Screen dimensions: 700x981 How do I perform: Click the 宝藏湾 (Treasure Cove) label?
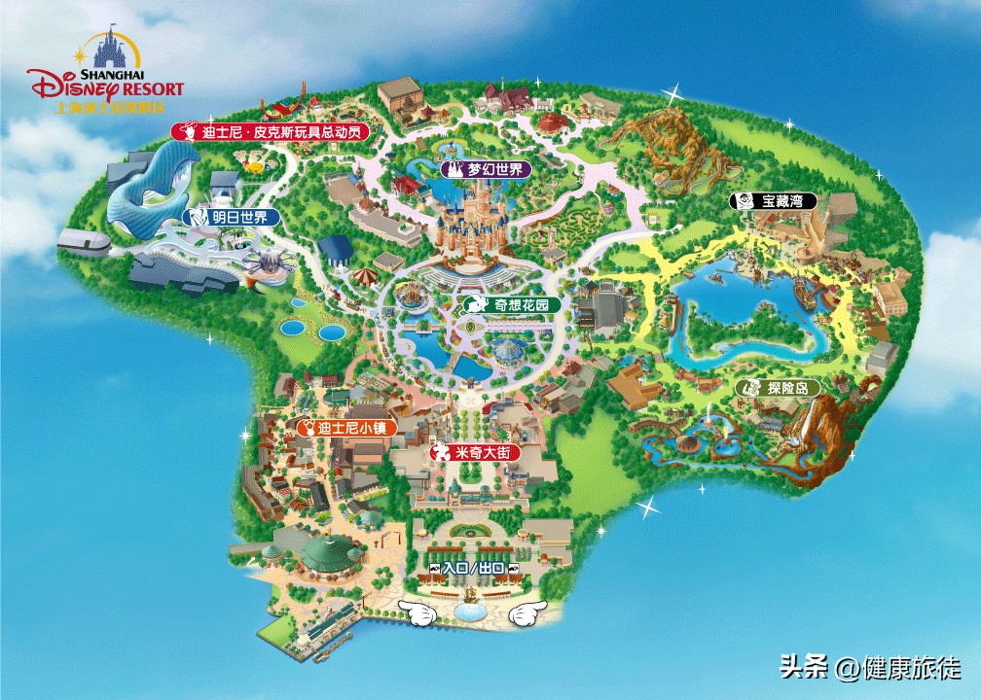tap(774, 202)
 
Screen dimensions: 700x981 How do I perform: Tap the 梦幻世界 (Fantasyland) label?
tap(486, 169)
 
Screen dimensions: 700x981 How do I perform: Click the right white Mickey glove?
tap(527, 613)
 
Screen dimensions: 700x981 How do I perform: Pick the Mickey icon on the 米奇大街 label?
tap(440, 453)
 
